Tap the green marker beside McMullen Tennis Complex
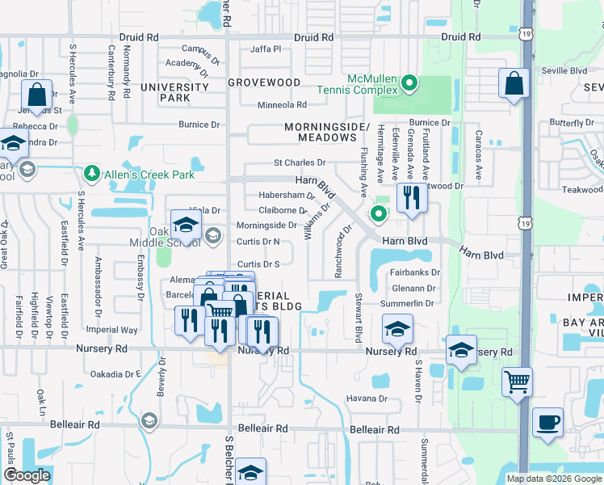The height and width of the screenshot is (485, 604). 409,82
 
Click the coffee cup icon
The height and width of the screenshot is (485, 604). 547,423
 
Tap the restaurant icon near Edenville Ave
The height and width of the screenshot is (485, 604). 412,198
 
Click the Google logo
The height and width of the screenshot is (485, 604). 27,475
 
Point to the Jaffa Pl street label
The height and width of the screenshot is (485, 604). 266,49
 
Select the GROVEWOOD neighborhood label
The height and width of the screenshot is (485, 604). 264,82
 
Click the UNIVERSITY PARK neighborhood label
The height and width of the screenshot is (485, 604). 165,92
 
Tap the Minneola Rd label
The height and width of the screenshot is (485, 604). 282,105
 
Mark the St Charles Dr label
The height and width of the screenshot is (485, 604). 299,163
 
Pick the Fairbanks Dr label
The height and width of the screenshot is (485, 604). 415,273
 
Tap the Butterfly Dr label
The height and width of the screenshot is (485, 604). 577,123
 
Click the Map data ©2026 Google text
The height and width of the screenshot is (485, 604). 553,479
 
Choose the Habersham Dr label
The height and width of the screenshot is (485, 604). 287,196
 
